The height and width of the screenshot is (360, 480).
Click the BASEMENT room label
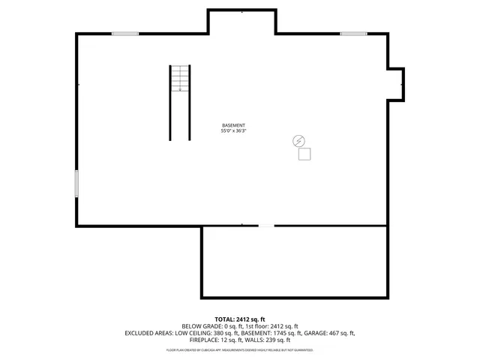(x=233, y=125)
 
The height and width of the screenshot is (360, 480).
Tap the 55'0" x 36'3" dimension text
(x=233, y=131)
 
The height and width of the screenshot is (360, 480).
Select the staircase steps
(x=180, y=79)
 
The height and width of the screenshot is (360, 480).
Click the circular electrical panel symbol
(x=298, y=140)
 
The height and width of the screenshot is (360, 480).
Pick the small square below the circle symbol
(x=304, y=154)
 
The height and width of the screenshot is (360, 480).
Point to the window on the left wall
(x=76, y=184)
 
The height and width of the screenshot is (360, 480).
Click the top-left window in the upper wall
(x=125, y=33)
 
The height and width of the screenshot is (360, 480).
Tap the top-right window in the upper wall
(x=353, y=33)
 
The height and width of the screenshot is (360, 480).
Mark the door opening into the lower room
(x=266, y=226)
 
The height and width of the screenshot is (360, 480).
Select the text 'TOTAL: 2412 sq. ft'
(x=240, y=319)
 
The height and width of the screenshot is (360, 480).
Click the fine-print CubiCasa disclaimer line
(x=240, y=350)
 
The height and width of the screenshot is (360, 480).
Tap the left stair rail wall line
(x=169, y=103)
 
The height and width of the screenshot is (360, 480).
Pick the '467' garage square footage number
(x=335, y=333)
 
